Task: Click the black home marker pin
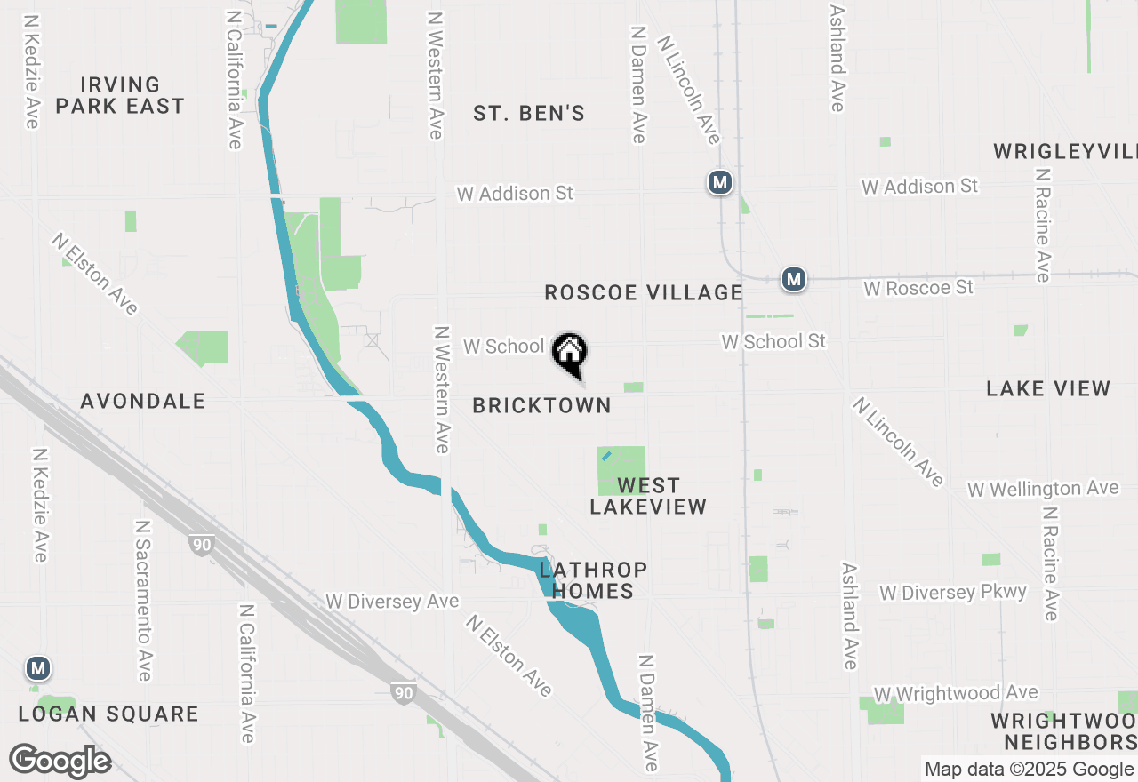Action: tap(570, 353)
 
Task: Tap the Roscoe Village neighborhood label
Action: tap(643, 292)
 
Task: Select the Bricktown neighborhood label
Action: tap(541, 406)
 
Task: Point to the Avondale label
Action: tap(143, 402)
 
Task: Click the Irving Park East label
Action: tap(119, 95)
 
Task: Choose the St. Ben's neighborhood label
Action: tap(529, 113)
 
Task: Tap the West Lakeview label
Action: tap(648, 496)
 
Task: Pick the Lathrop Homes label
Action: tap(593, 580)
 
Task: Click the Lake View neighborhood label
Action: tap(1048, 388)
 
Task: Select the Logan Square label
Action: tap(108, 714)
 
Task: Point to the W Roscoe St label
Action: tap(918, 288)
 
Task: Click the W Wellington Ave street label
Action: tap(1043, 489)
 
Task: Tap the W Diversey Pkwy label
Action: tap(952, 592)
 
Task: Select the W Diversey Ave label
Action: tap(392, 602)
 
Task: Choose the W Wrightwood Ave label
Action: tap(956, 693)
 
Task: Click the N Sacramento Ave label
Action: tap(143, 601)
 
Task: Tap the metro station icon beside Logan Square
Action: tap(37, 667)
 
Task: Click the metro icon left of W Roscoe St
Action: tap(794, 280)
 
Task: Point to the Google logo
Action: tap(60, 761)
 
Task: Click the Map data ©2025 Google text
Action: tap(1029, 770)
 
